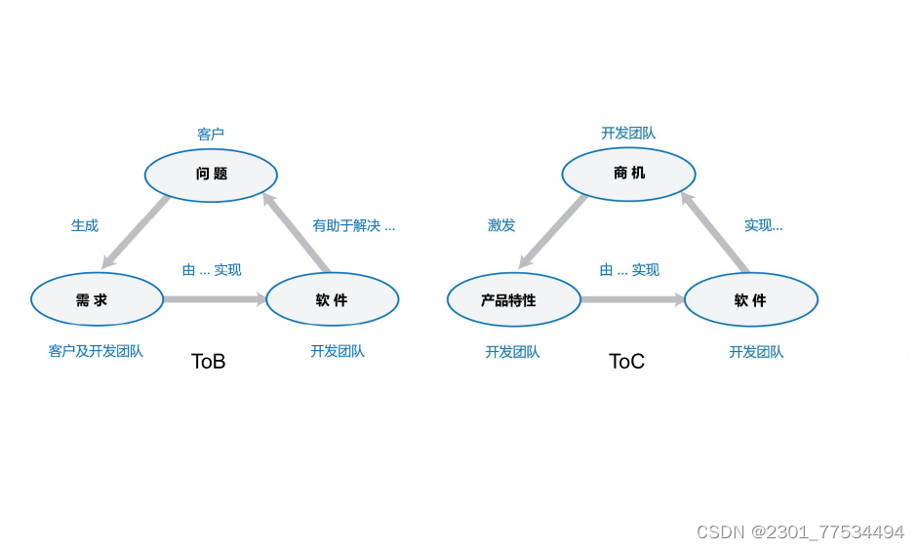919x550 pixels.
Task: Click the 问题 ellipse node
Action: (211, 175)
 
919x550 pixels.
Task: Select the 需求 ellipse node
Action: (97, 299)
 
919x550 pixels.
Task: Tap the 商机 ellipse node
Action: (628, 175)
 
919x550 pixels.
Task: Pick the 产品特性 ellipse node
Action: (513, 300)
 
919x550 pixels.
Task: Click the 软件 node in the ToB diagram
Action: (332, 299)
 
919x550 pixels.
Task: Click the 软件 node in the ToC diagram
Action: (750, 300)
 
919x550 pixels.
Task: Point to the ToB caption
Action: (208, 361)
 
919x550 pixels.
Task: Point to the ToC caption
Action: (626, 361)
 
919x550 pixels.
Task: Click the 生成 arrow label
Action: (85, 225)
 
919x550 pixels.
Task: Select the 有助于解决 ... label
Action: (353, 225)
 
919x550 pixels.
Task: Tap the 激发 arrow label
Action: (501, 225)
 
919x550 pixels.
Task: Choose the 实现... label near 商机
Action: (763, 225)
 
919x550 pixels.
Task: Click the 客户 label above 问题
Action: (211, 134)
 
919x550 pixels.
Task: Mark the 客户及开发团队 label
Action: (96, 351)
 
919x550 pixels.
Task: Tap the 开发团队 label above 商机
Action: (628, 133)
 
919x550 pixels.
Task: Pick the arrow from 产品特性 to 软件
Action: (632, 299)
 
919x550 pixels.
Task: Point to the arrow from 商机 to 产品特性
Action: (552, 232)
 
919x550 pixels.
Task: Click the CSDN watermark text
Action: (800, 531)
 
